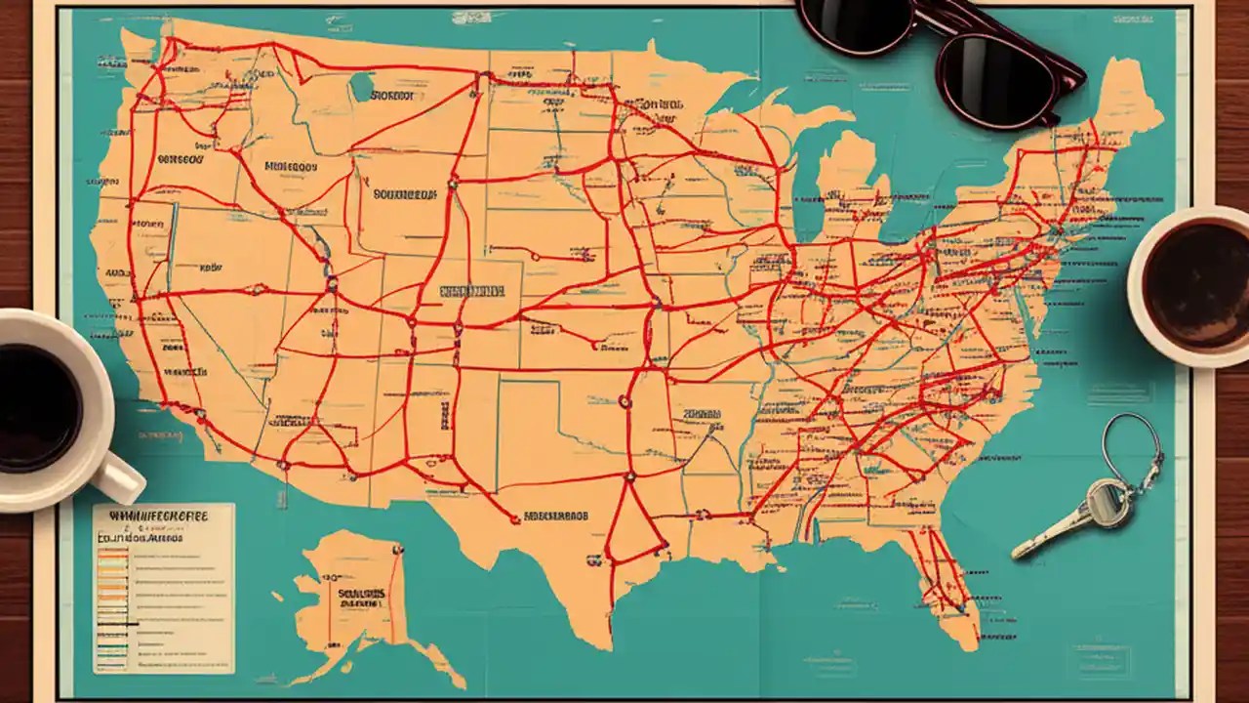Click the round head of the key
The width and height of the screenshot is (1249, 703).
pyautogui.click(x=1107, y=503)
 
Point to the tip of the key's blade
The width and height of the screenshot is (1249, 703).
pyautogui.click(x=1018, y=553)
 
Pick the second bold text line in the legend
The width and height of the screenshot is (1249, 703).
pyautogui.click(x=138, y=536)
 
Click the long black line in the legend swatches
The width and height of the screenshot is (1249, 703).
pyautogui.click(x=116, y=623)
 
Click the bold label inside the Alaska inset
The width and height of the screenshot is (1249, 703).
pyautogui.click(x=361, y=594)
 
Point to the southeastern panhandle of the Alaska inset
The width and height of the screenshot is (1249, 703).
pyautogui.click(x=434, y=659)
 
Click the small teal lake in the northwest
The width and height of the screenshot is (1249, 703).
pyautogui.click(x=362, y=87)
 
